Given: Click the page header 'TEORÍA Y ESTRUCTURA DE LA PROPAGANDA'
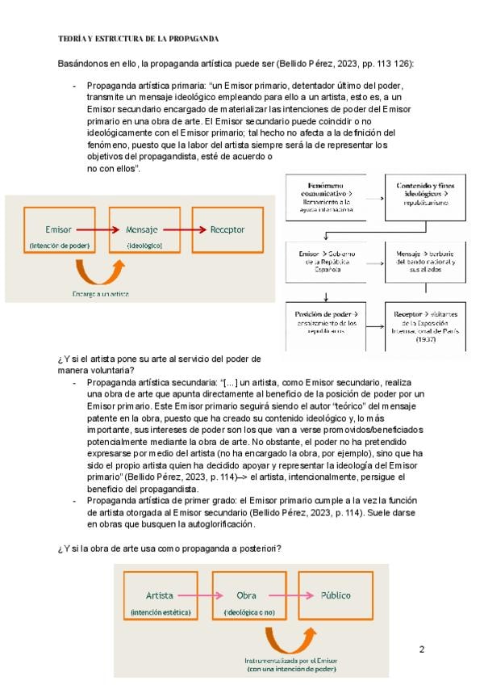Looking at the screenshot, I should click(x=139, y=39).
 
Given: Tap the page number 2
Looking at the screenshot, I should click(x=421, y=649).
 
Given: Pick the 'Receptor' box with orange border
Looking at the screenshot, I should click(x=227, y=230).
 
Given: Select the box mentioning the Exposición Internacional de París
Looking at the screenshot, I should click(x=423, y=325).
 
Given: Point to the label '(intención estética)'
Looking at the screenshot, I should click(x=160, y=614).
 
